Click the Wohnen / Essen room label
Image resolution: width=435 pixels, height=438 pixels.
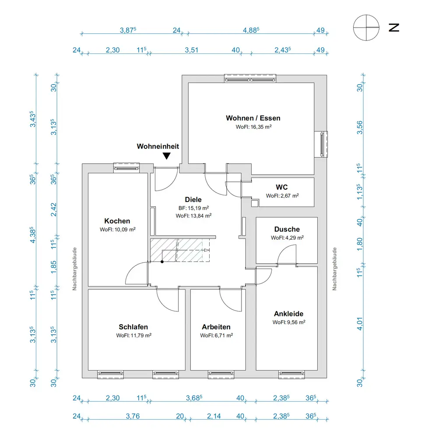253,118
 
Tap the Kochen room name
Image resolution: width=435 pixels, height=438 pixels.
117,221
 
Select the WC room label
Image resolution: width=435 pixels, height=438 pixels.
282,187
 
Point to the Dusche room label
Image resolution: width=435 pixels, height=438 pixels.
287,230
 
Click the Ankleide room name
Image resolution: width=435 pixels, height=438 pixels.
288,314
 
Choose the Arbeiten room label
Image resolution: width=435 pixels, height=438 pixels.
216,327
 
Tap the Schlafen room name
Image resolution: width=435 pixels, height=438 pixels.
133,327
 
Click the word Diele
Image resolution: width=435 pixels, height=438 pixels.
193,200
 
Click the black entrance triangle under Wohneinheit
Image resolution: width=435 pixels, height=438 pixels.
166,155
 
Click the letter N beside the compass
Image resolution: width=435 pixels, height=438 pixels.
394,28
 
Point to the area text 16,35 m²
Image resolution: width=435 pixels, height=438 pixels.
254,127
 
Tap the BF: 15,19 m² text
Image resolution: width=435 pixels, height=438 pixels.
193,208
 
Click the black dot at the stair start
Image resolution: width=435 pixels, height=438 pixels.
162,262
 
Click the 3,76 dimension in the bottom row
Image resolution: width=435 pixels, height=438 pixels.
132,417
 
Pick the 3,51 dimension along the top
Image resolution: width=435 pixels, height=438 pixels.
191,50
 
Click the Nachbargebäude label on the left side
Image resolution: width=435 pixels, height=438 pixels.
75,269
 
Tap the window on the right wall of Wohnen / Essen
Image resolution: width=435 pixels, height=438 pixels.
323,143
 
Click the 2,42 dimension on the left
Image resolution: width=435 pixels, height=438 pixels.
54,210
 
